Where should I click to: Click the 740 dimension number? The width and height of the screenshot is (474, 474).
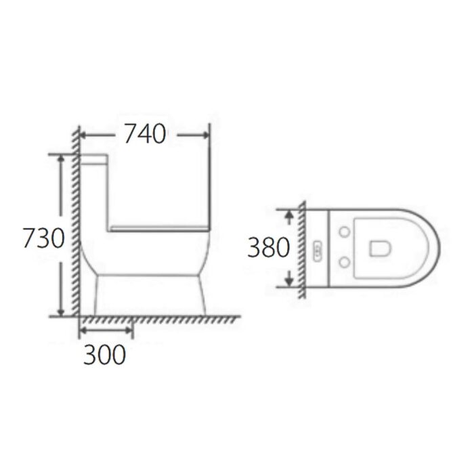pos(144,135)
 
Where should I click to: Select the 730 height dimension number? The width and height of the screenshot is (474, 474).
pos(43,238)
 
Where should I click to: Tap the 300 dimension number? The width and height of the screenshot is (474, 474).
pos(104,354)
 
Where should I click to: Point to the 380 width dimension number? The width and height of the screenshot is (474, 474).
pos(268,248)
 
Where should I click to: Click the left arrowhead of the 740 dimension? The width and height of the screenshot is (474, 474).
pos(85,135)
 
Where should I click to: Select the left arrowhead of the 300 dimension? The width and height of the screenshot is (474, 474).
pos(84,330)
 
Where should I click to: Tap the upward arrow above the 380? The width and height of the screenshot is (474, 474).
pos(289,216)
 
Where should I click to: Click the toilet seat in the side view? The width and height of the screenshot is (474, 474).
pos(159,225)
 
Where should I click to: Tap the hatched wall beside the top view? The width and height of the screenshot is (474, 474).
pos(301,248)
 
